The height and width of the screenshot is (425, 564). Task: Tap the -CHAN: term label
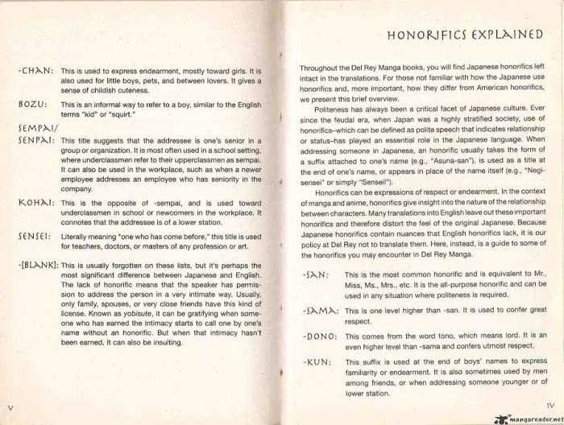coord(35,72)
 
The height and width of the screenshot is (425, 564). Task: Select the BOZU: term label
coord(31,105)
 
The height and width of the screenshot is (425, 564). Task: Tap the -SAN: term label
coord(314,275)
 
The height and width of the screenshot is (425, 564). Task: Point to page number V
coord(8,408)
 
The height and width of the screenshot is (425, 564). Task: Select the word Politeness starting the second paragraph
coord(333,107)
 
